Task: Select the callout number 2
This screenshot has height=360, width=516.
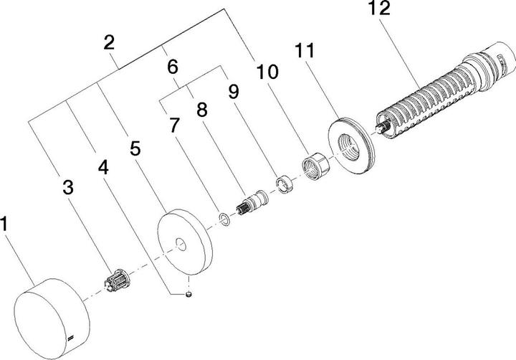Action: click(x=109, y=42)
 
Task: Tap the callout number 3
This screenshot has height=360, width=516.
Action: click(x=67, y=189)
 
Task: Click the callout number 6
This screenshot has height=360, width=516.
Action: click(x=171, y=67)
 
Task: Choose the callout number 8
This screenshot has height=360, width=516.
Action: click(x=202, y=111)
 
